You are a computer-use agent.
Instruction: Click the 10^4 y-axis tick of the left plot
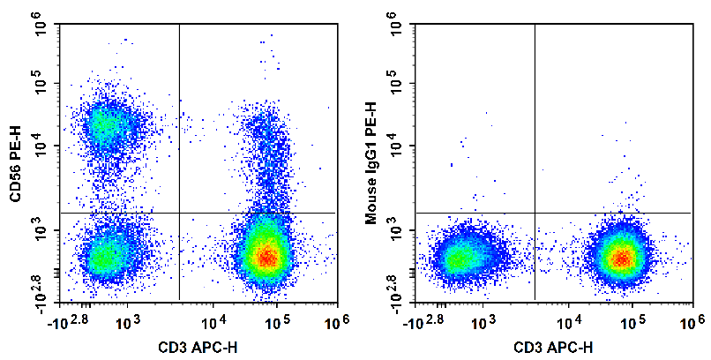tap(41, 146)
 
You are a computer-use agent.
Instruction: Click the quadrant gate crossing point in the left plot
tap(179, 213)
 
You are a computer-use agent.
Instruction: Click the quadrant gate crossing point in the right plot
tap(535, 213)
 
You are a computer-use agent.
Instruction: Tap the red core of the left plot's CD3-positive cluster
tap(266, 256)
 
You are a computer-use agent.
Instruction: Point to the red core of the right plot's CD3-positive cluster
tap(622, 258)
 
